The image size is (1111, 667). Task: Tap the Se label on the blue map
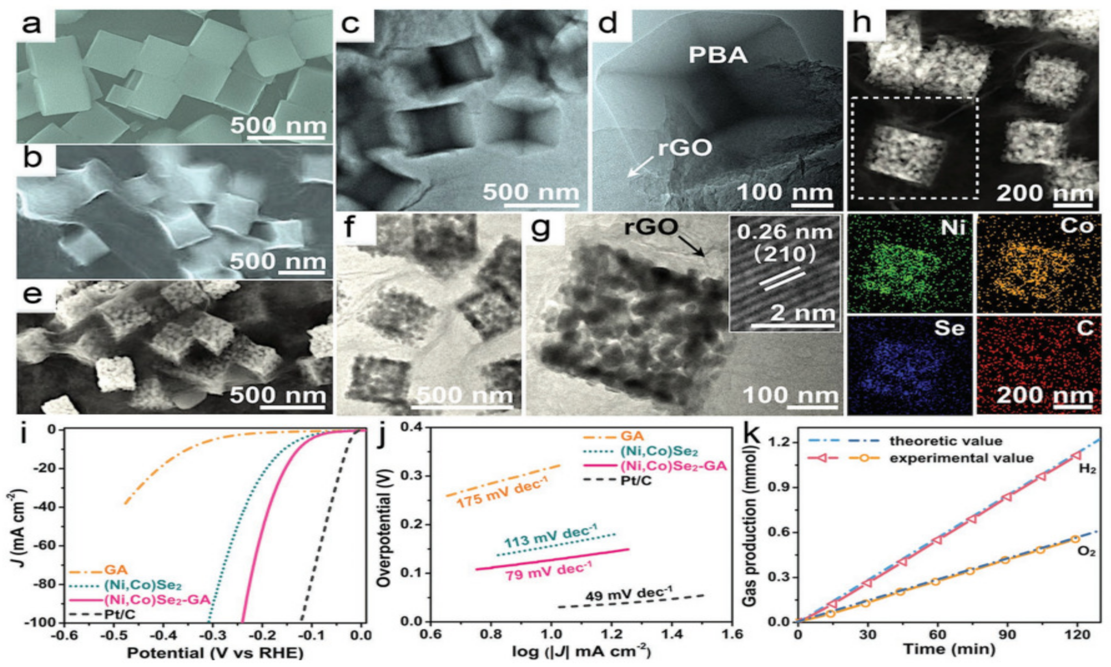click(950, 330)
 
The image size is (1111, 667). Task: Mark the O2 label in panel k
click(1085, 549)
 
